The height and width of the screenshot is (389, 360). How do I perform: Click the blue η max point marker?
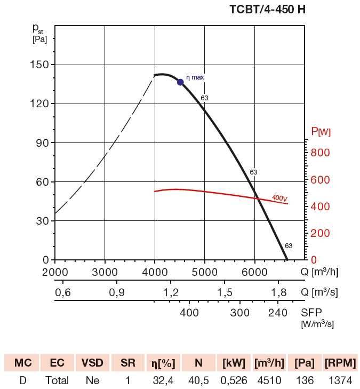tap(180, 82)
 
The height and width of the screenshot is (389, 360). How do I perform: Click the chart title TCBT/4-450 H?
tap(271, 10)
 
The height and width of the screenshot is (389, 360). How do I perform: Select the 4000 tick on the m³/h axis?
tap(155, 272)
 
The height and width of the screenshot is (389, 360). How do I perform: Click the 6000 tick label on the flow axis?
tap(254, 272)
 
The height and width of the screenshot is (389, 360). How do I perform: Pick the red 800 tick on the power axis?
tap(321, 153)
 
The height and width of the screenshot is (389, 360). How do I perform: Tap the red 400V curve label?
tap(279, 198)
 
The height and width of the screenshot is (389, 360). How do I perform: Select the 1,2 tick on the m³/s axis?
tap(171, 292)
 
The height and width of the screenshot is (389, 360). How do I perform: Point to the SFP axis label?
tap(311, 313)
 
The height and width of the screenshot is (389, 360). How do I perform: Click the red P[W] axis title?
tap(321, 131)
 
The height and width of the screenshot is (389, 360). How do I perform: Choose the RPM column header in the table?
tap(340, 363)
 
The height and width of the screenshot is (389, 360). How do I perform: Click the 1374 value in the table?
tap(340, 380)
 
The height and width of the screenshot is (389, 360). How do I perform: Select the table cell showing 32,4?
tap(164, 380)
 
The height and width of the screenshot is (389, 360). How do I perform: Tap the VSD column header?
tap(92, 363)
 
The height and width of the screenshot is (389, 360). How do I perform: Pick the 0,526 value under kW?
tap(234, 380)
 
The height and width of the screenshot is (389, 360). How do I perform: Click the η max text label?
tap(195, 77)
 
